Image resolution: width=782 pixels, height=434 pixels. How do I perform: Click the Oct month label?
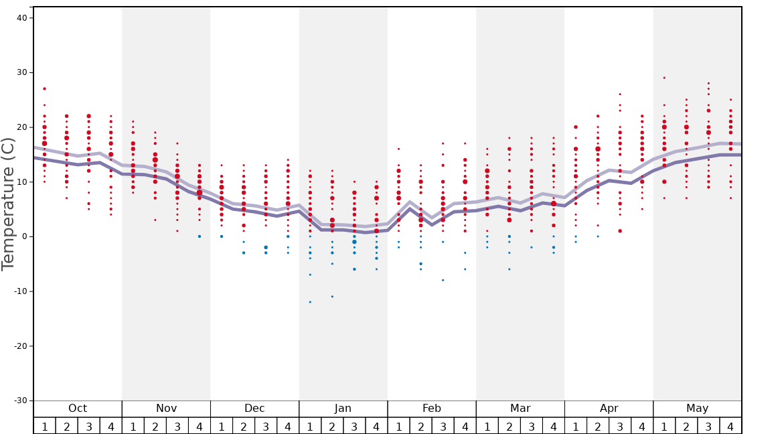coord(78,409)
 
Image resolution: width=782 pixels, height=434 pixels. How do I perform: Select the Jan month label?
coord(343,409)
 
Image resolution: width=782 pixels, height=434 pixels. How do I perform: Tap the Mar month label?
coord(520,409)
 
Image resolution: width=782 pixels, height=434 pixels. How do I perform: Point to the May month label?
coord(697,409)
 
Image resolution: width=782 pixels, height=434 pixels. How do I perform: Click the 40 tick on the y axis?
coord(21,18)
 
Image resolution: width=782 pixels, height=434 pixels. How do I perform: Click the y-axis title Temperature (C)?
coord(8,204)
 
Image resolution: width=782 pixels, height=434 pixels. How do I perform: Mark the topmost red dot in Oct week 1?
coord(45,88)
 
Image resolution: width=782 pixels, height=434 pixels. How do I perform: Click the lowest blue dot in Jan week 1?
coord(310,302)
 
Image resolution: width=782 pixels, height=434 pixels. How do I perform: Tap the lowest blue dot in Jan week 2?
coord(332,297)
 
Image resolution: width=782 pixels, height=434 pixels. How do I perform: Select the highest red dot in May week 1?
coord(664,78)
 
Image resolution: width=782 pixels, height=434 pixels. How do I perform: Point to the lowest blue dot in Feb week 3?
coord(443,280)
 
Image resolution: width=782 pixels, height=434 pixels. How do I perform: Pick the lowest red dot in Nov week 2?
coord(155,220)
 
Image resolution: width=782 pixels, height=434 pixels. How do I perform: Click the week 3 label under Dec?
coord(266,427)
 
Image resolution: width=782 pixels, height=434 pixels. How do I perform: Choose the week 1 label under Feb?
coord(398,427)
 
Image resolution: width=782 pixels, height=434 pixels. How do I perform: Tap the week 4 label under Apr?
coord(642,427)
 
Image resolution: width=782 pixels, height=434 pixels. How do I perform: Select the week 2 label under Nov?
coord(155,427)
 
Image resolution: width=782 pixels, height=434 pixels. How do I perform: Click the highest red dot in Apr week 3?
coord(620,94)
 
